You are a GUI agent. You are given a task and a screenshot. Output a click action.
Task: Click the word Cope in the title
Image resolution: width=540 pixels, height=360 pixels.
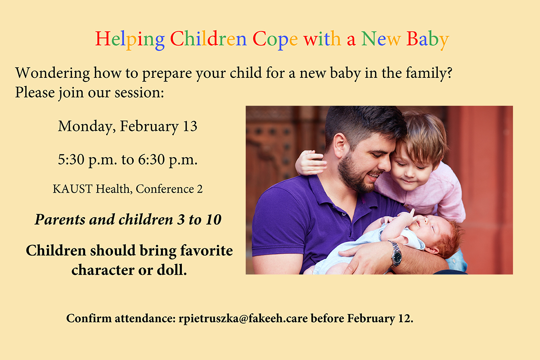pyautogui.click(x=275, y=39)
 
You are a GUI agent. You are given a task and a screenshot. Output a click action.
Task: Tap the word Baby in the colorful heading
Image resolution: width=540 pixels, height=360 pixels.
pyautogui.click(x=427, y=39)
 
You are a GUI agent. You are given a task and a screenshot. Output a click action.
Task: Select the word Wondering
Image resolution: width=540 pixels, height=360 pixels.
pyautogui.click(x=52, y=73)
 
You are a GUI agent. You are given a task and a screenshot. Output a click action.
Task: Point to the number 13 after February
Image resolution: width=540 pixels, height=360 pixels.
pyautogui.click(x=190, y=126)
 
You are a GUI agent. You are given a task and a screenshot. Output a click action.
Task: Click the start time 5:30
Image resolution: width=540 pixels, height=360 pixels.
pyautogui.click(x=71, y=159)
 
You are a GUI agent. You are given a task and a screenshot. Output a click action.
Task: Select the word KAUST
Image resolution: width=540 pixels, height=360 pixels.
pyautogui.click(x=72, y=189)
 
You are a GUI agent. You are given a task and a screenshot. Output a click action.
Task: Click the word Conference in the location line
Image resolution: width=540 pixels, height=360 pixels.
pyautogui.click(x=165, y=189)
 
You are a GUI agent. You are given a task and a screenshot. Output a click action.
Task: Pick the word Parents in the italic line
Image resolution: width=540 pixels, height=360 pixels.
pyautogui.click(x=60, y=220)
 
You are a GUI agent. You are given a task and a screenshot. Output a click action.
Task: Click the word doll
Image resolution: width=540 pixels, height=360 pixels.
pyautogui.click(x=172, y=270)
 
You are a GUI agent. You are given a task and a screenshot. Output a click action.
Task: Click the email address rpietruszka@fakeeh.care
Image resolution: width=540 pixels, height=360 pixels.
pyautogui.click(x=243, y=318)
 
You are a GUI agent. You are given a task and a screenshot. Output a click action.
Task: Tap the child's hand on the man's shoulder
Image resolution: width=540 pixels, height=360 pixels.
pyautogui.click(x=310, y=162)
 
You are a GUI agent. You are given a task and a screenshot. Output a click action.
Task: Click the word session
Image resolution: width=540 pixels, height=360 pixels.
pyautogui.click(x=139, y=93)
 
